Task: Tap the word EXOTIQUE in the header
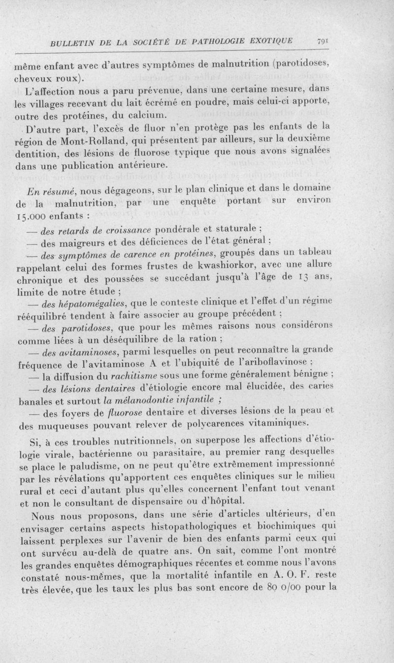tap(269, 43)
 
